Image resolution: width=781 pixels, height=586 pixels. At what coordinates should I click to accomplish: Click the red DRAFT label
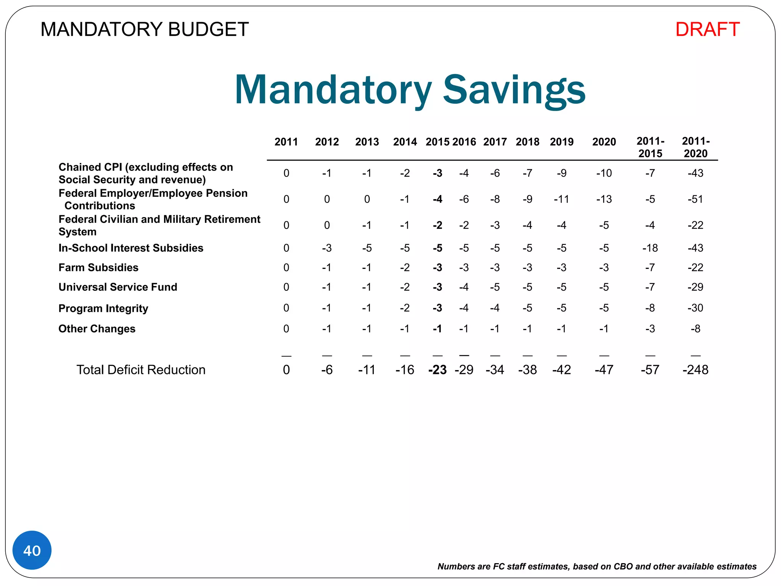(x=707, y=29)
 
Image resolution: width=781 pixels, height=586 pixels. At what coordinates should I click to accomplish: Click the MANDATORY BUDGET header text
(x=145, y=29)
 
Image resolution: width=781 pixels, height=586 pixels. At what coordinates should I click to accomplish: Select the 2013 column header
(x=367, y=142)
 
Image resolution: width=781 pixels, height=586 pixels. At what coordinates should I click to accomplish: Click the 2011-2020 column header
(x=696, y=147)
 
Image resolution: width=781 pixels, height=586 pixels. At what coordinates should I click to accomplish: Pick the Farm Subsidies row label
(x=98, y=267)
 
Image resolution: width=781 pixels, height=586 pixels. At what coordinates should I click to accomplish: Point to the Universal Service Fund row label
(x=118, y=287)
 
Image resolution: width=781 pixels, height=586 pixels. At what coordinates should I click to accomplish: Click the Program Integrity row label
(x=103, y=308)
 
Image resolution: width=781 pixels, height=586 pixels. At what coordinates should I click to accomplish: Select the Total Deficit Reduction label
(x=141, y=370)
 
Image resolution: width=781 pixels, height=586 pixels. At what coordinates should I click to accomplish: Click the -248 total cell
(x=695, y=370)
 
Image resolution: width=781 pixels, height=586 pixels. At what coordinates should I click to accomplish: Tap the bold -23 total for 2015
(x=437, y=370)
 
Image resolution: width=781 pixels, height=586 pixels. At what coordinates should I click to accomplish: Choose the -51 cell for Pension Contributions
(x=695, y=199)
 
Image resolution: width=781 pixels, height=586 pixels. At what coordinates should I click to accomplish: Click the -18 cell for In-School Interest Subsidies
(x=650, y=248)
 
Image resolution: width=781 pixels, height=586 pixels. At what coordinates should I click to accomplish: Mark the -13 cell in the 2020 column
(x=604, y=199)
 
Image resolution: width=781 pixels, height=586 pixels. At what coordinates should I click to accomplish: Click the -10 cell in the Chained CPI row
(x=604, y=173)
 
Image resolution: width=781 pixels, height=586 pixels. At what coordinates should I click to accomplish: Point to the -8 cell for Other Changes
(x=695, y=328)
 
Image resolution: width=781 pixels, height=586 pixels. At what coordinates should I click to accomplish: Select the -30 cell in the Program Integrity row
(x=695, y=308)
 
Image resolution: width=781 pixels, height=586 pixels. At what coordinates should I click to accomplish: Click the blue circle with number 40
(x=32, y=550)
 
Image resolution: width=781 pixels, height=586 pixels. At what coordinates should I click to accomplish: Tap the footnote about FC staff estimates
(x=597, y=567)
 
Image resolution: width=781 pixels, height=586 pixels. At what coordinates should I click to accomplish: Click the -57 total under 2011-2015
(x=650, y=370)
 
